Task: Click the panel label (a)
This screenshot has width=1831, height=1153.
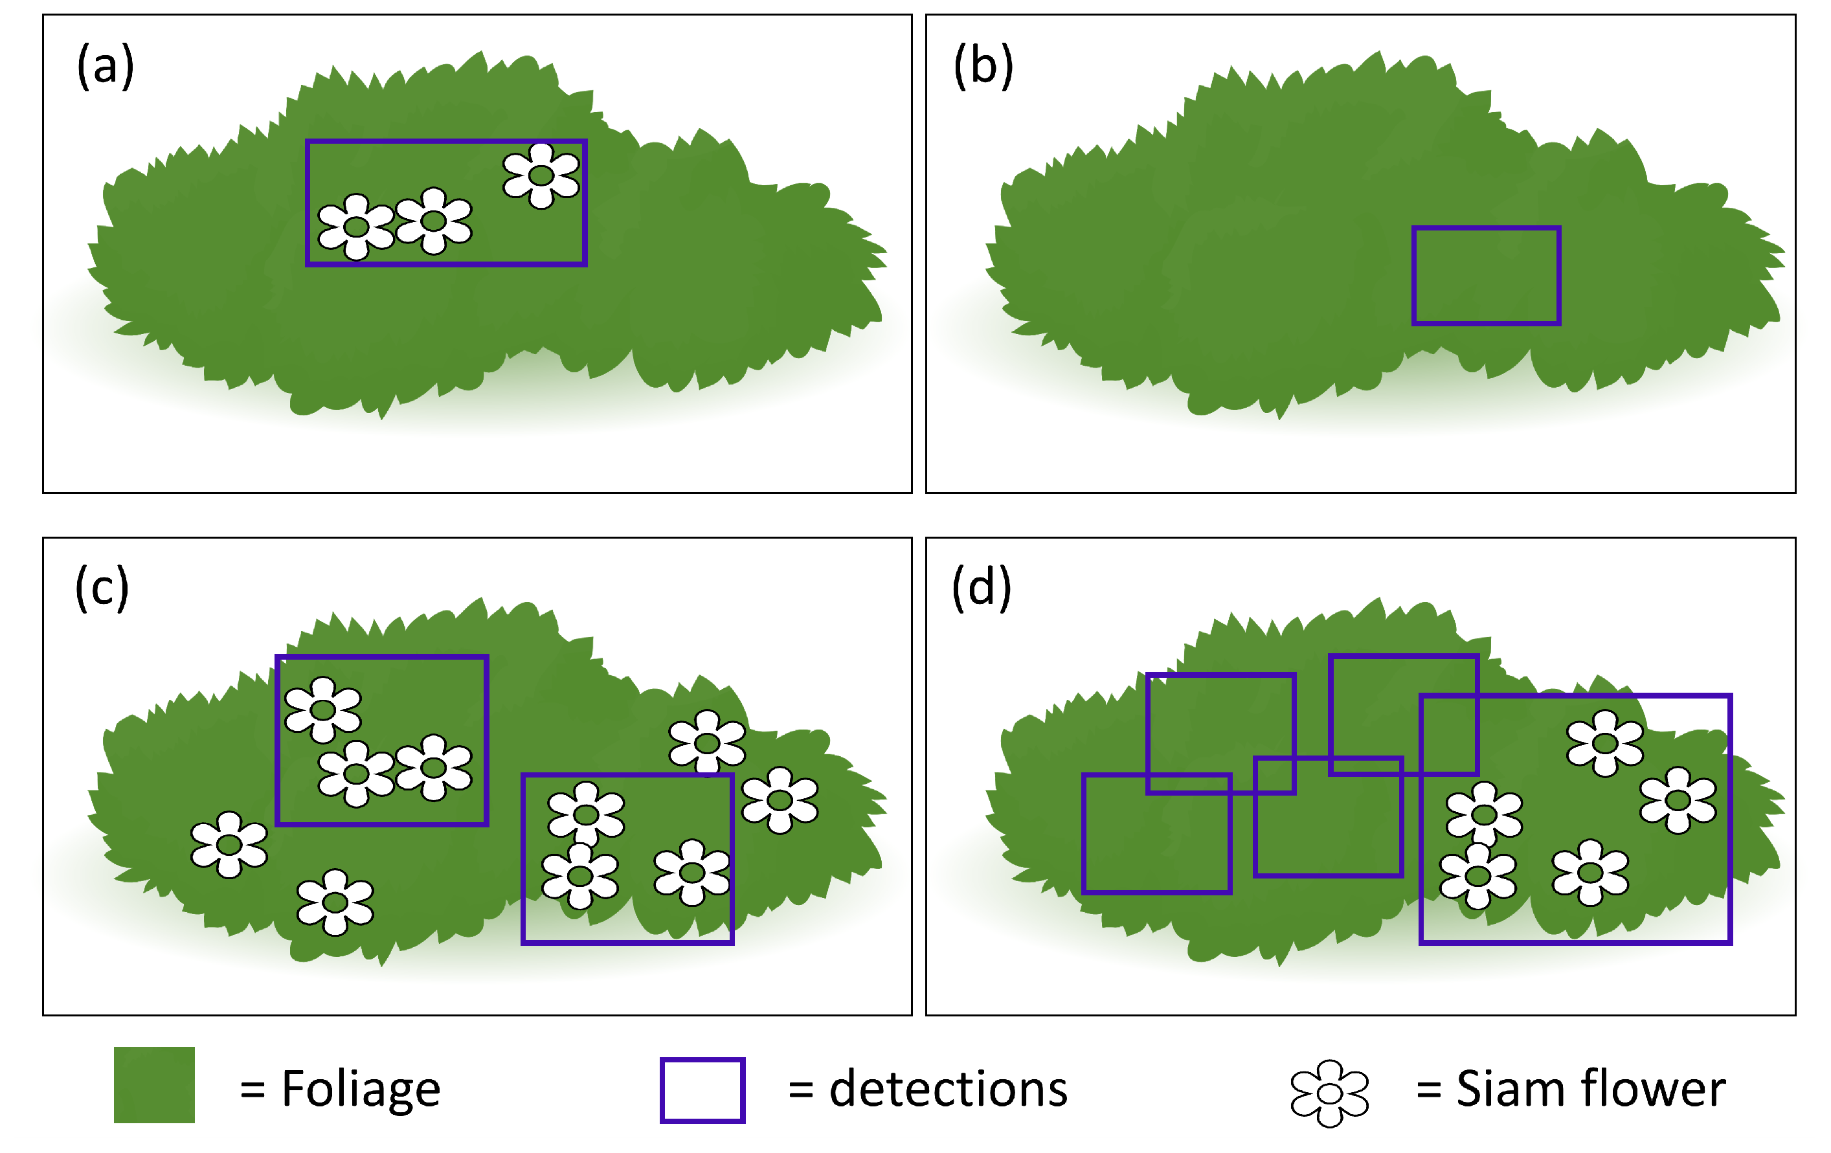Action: click(106, 66)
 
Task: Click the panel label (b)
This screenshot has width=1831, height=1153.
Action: click(983, 66)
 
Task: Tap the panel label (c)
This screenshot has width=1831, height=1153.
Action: click(102, 588)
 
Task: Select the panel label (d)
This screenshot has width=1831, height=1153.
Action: click(982, 588)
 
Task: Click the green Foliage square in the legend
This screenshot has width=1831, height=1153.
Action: click(154, 1084)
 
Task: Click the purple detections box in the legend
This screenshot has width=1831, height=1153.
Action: click(702, 1090)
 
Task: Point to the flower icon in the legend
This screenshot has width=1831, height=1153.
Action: click(1329, 1093)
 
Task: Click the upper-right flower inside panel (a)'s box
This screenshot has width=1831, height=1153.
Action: click(541, 175)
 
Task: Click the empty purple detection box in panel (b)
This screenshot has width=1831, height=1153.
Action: click(1486, 275)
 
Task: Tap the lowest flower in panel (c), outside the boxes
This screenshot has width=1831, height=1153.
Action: click(335, 902)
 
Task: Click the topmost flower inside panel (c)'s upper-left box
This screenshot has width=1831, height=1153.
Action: click(322, 710)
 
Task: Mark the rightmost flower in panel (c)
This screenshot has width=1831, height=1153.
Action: click(780, 800)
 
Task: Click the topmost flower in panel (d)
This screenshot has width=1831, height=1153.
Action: click(1604, 743)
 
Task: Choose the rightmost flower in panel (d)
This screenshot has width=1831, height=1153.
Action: click(1678, 800)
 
